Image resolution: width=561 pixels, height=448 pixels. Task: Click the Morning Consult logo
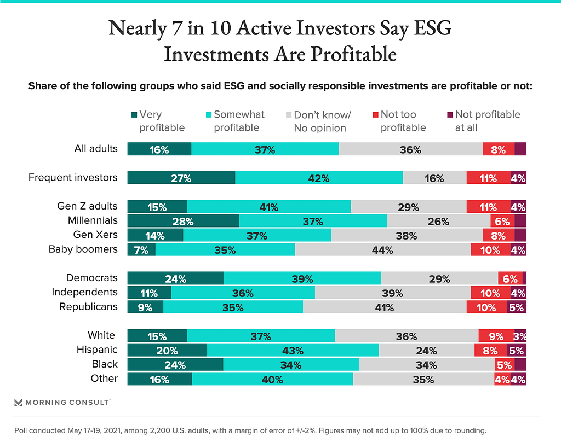[62, 402]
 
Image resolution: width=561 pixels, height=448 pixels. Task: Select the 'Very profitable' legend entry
[158, 121]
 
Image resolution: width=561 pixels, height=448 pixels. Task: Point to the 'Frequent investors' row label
[73, 177]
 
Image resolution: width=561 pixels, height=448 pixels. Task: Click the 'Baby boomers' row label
[83, 249]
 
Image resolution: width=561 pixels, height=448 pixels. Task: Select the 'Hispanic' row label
[97, 350]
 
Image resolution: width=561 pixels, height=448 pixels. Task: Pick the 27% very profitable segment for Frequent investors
[181, 178]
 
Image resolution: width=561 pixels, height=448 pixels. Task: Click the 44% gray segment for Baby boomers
[382, 250]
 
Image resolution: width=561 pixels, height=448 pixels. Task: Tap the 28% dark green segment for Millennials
[183, 221]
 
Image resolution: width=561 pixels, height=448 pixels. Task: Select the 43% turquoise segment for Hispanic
[293, 350]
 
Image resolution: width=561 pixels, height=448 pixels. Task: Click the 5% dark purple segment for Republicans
[516, 307]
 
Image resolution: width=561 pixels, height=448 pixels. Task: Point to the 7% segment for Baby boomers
[141, 250]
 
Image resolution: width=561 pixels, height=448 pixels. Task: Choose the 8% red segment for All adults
[498, 149]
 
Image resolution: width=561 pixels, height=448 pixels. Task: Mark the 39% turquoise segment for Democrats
[302, 278]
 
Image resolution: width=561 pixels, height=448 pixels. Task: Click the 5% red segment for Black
[503, 365]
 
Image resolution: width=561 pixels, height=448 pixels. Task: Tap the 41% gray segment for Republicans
[385, 307]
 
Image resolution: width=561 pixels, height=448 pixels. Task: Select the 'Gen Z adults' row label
[87, 206]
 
